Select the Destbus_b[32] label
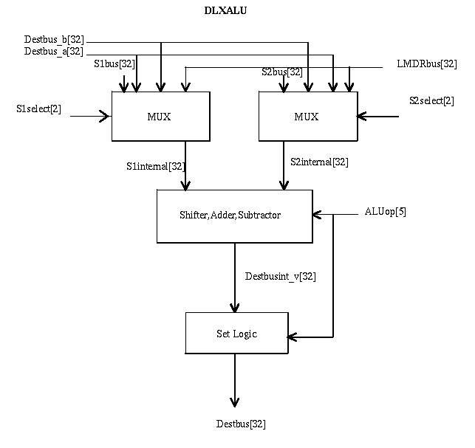54,38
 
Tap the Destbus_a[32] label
54,51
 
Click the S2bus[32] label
281,72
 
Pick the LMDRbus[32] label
426,64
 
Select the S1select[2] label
38,109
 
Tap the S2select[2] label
431,100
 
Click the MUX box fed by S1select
161,117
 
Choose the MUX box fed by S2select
307,117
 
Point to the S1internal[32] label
155,165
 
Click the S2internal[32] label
319,162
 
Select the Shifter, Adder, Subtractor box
235,216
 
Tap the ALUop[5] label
386,211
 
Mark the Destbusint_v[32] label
281,277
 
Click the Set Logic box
236,334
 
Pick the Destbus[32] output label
241,424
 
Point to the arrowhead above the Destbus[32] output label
235,402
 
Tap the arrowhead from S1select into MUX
106,115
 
